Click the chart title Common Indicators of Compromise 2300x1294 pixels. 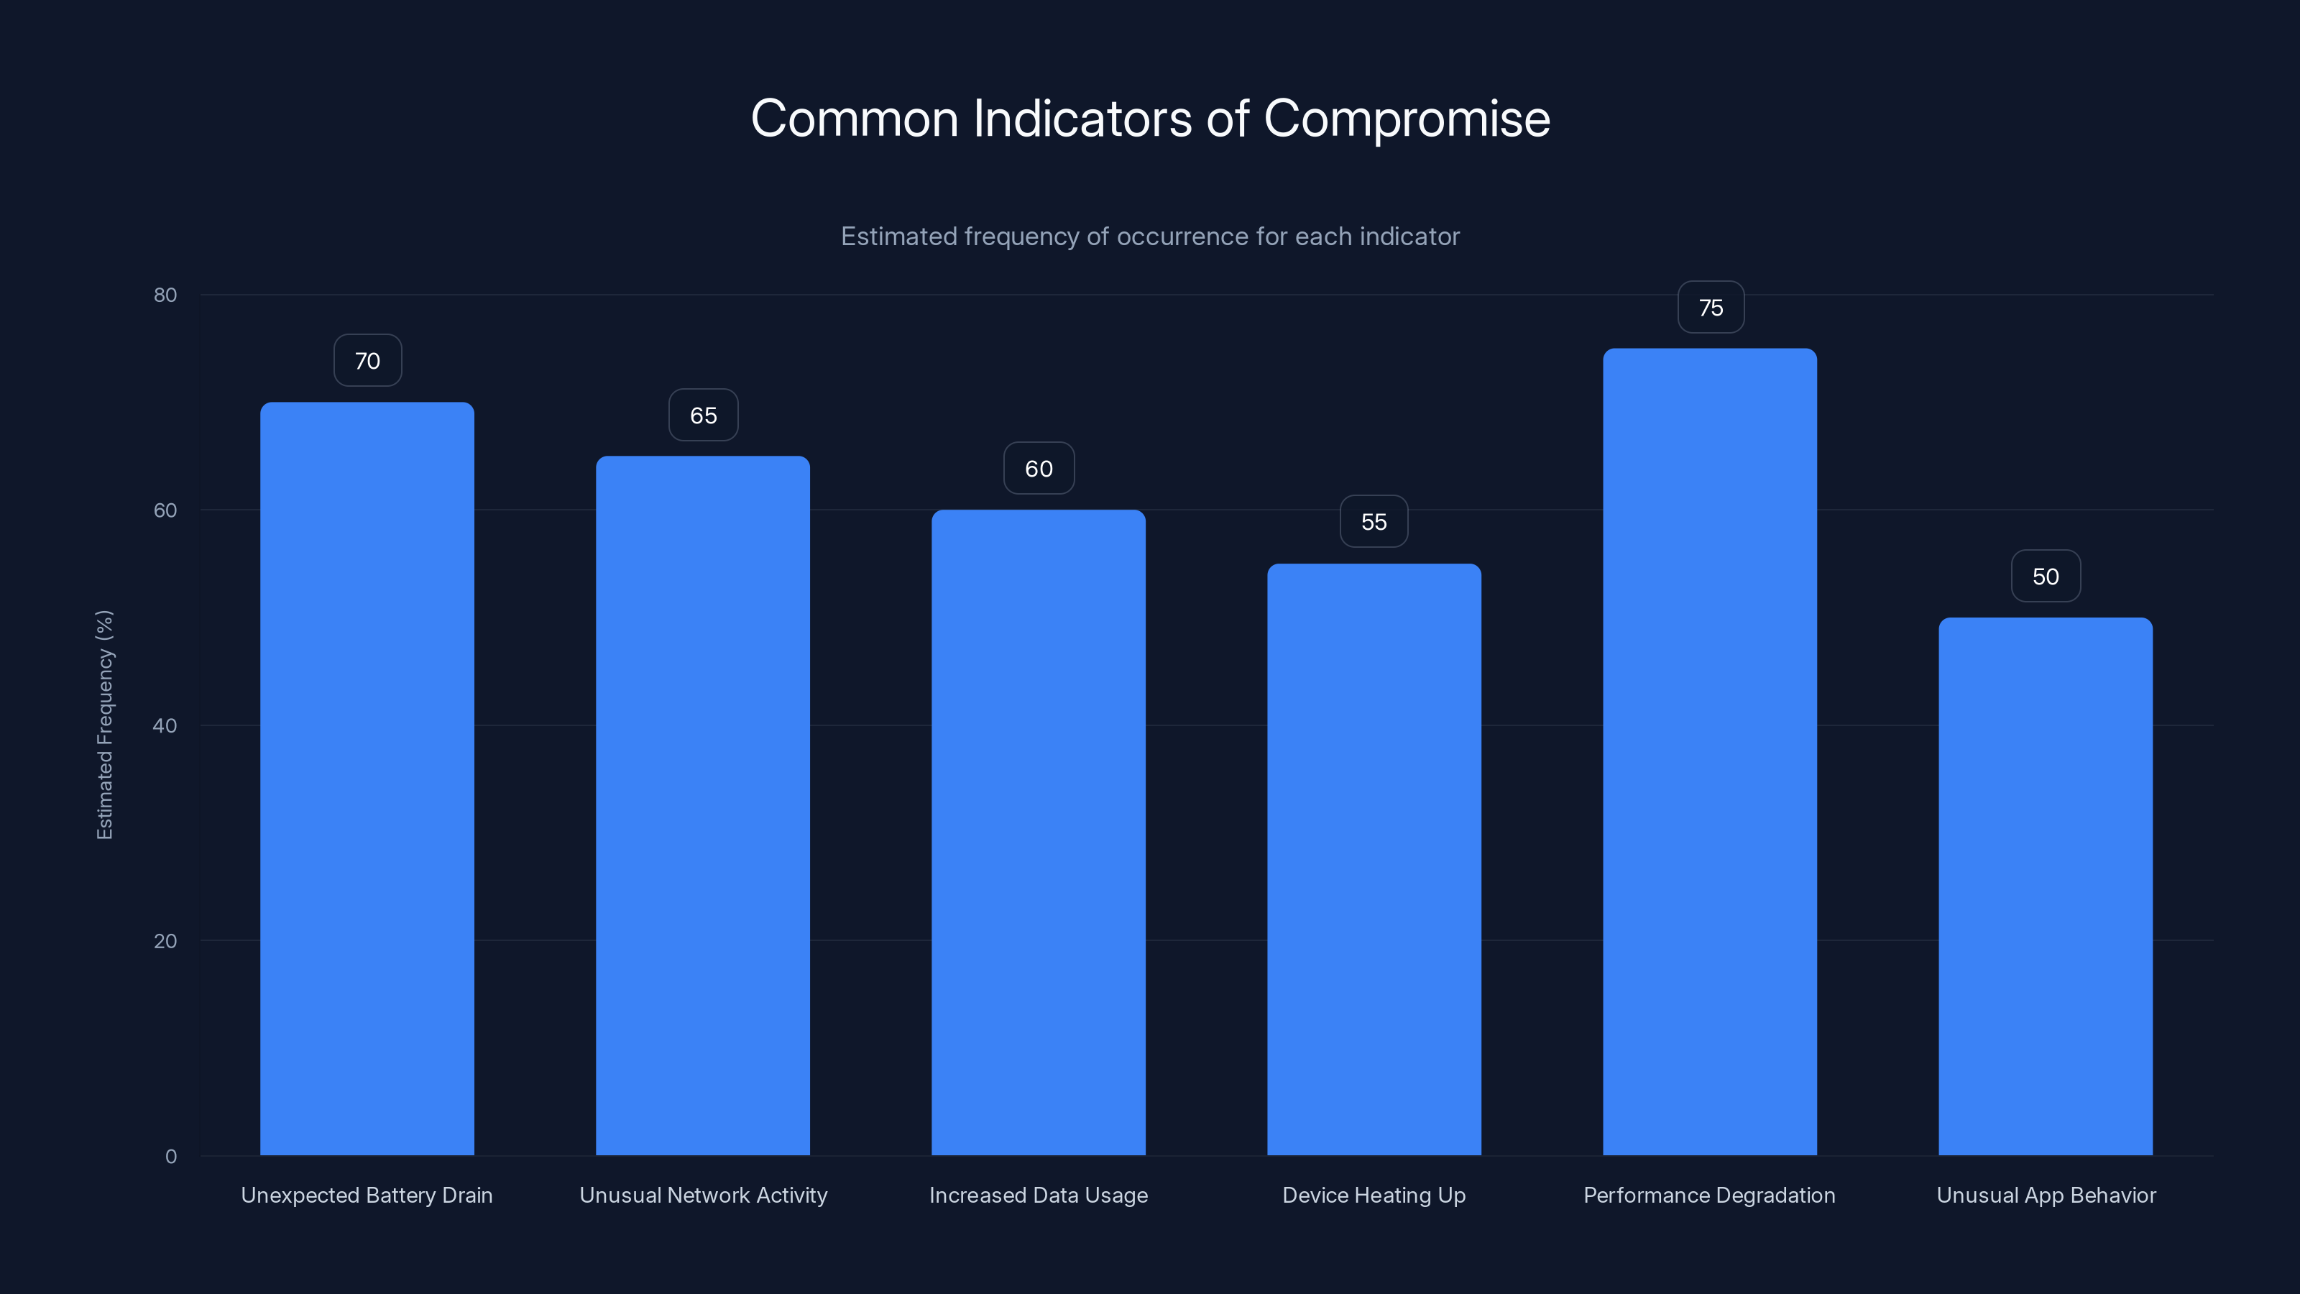[x=1150, y=119]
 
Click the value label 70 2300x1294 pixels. [x=367, y=361]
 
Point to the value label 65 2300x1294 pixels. [x=704, y=416]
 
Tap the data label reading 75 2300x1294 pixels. [x=1711, y=308]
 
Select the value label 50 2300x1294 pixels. [x=2046, y=577]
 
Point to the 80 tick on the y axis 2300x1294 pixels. [x=165, y=295]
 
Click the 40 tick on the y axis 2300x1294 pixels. [x=165, y=725]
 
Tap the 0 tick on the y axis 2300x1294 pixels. [x=170, y=1157]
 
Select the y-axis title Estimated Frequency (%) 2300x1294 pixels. [x=104, y=725]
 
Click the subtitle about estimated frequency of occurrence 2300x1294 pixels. [x=1150, y=237]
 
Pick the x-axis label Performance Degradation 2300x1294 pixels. [x=1709, y=1196]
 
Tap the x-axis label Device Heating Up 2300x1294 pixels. [x=1374, y=1196]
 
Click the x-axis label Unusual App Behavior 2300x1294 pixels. [x=2046, y=1196]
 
